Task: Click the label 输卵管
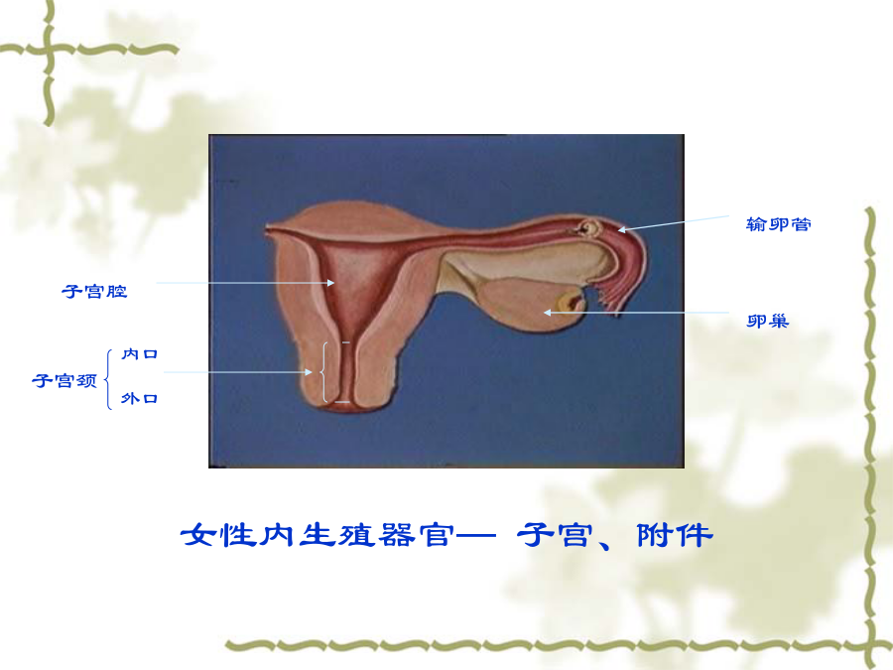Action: coord(779,224)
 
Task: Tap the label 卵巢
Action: coord(768,322)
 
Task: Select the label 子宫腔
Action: coord(94,292)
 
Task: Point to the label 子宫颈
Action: coord(64,380)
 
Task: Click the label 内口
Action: coord(140,353)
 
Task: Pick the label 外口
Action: coord(140,398)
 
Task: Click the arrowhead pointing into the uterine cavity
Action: coord(330,283)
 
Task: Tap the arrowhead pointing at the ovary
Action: coord(548,313)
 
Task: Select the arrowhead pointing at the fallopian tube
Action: coord(622,229)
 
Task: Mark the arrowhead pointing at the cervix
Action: coord(309,372)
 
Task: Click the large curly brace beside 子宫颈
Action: coord(108,379)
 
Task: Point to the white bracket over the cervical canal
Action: coord(323,372)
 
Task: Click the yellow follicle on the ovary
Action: coord(571,300)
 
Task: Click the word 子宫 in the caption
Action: coord(555,536)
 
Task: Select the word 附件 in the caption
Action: coord(675,536)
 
